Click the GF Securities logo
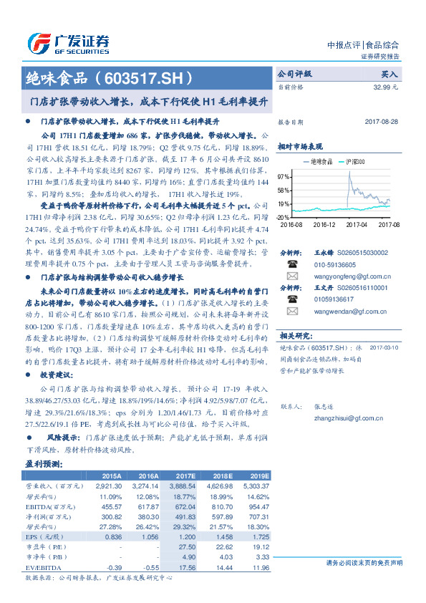coord(68,43)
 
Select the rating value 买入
coord(389,74)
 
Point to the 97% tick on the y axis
coord(284,176)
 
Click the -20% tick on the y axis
coord(283,216)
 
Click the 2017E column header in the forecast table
coord(185,476)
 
